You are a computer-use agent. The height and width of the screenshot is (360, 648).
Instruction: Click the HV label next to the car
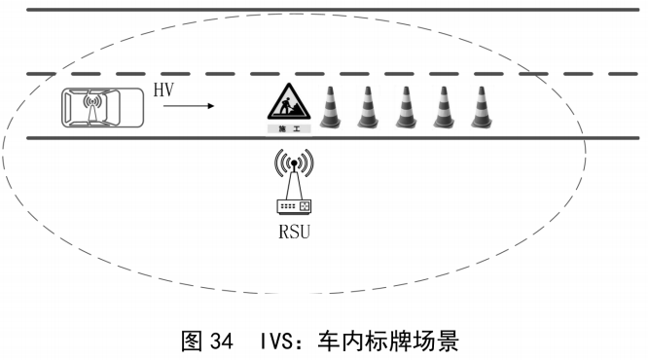[x=162, y=90]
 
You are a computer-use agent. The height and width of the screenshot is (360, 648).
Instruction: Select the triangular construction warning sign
[x=288, y=102]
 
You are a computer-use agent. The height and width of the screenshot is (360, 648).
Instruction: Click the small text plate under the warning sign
[x=288, y=128]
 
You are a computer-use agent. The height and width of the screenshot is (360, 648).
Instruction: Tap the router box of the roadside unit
[x=293, y=207]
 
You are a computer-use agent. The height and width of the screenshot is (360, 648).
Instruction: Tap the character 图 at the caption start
[x=192, y=342]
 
